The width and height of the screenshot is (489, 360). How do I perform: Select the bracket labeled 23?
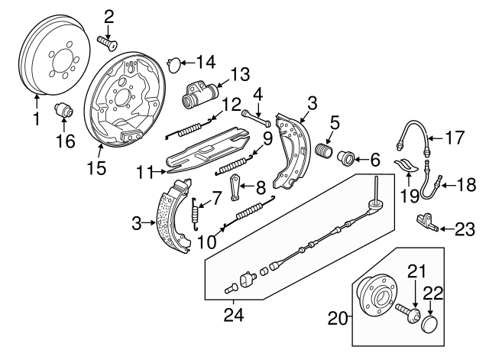[x=425, y=222]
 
